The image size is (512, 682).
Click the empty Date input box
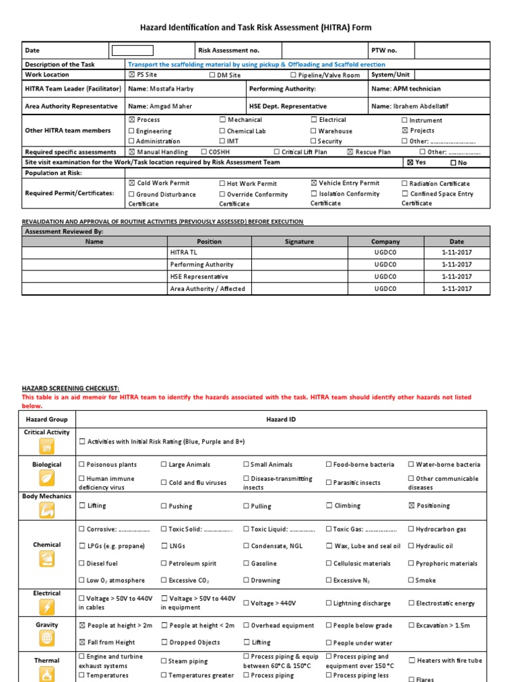pos(132,51)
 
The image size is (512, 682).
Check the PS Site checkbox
pos(131,75)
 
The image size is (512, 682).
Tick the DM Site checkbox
pos(213,75)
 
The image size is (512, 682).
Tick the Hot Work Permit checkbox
pos(223,183)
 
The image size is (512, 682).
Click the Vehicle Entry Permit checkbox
pos(314,182)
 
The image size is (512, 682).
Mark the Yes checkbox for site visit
pos(410,163)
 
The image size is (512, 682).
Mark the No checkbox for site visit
pos(454,163)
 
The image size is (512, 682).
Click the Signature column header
pos(299,242)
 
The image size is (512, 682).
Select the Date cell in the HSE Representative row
pos(456,276)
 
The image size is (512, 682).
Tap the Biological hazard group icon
pos(47,478)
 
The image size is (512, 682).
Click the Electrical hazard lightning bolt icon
pos(47,607)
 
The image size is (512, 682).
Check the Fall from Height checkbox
pos(82,642)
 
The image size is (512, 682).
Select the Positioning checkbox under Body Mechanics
pos(411,506)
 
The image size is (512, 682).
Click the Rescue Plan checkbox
pos(350,152)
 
